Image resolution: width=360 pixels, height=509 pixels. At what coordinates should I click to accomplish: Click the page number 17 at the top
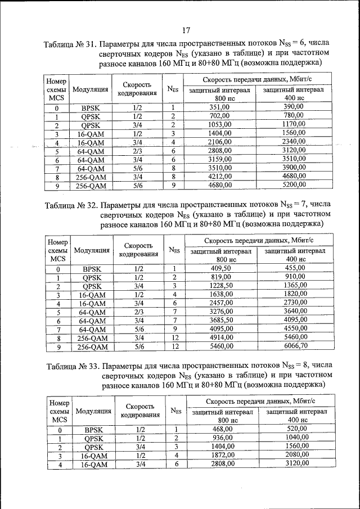(186, 30)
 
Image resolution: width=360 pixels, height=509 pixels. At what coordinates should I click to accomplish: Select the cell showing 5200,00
(295, 184)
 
